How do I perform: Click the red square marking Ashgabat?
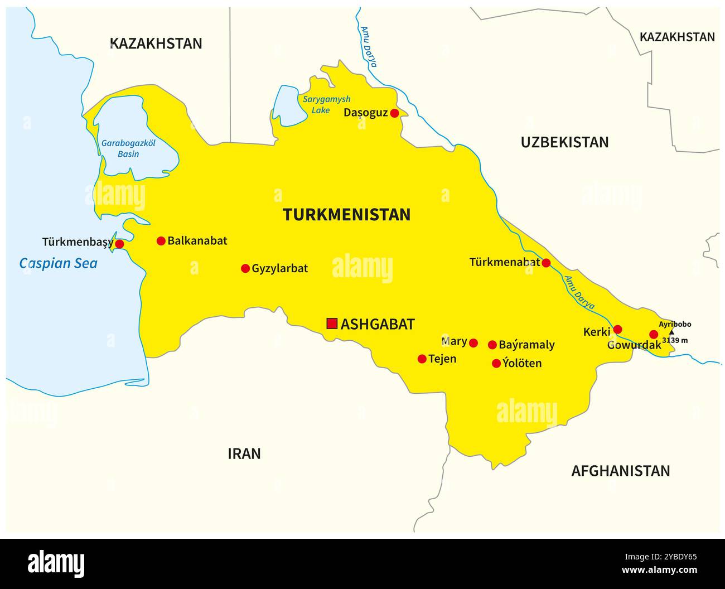[332, 324]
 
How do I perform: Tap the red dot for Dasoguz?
[394, 113]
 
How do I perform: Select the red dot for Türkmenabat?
[546, 263]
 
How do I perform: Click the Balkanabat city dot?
[161, 241]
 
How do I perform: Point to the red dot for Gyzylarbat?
[245, 268]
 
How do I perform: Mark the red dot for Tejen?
[422, 359]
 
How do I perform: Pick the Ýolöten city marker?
[496, 363]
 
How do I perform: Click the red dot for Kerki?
[617, 329]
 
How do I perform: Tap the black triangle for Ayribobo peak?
[671, 332]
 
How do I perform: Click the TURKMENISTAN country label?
[346, 215]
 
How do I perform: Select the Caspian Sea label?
[58, 263]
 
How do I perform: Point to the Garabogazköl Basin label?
[128, 148]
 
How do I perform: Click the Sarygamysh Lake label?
[326, 105]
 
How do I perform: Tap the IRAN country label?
[244, 453]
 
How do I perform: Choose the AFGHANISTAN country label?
[620, 471]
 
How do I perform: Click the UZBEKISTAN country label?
[564, 142]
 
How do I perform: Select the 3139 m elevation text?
[675, 340]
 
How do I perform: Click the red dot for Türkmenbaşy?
[119, 244]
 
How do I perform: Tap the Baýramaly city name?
[526, 345]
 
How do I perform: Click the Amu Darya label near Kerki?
[579, 293]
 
